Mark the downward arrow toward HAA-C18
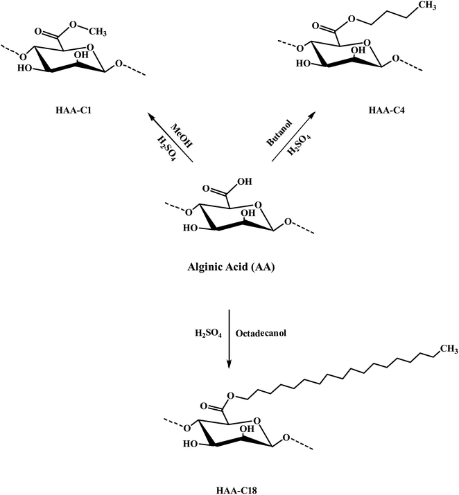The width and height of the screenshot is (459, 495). (x=230, y=332)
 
